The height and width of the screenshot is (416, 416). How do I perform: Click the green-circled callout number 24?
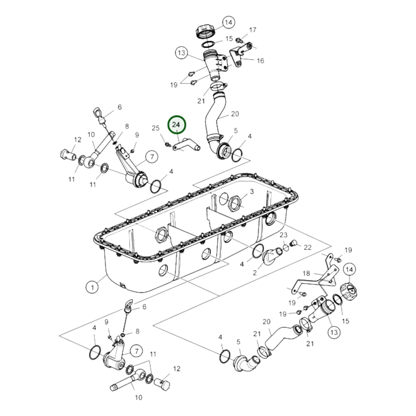click(177, 125)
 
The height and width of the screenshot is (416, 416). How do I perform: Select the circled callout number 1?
click(92, 287)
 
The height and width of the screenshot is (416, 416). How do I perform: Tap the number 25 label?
click(155, 128)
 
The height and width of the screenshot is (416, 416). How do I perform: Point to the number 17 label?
click(252, 30)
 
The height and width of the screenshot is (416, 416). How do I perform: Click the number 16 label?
click(260, 60)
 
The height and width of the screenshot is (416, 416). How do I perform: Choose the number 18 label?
click(306, 273)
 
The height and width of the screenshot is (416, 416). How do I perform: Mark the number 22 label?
click(307, 247)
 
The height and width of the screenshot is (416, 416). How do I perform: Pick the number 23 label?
click(284, 235)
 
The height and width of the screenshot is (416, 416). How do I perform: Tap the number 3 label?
click(252, 191)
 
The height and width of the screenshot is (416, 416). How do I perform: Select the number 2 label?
click(254, 272)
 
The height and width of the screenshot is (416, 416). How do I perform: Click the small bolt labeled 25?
click(167, 144)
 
